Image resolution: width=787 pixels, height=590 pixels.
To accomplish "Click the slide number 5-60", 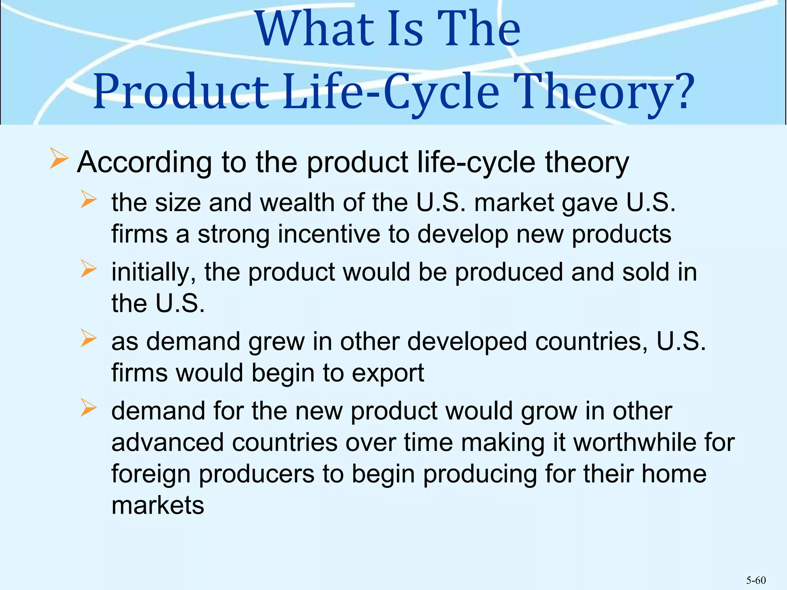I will tap(756, 580).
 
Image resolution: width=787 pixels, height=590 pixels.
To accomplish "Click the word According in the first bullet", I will tap(144, 162).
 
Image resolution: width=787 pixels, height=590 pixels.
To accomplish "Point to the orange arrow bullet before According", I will tap(59, 159).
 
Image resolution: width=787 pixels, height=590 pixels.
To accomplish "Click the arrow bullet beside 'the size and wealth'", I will tap(88, 200).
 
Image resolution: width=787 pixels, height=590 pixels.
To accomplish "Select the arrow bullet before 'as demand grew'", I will tap(88, 338).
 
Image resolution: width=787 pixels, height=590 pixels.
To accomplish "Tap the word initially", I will tap(154, 273).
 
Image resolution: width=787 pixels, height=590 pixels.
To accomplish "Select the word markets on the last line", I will tap(158, 505).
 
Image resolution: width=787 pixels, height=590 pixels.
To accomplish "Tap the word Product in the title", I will tap(181, 92).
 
